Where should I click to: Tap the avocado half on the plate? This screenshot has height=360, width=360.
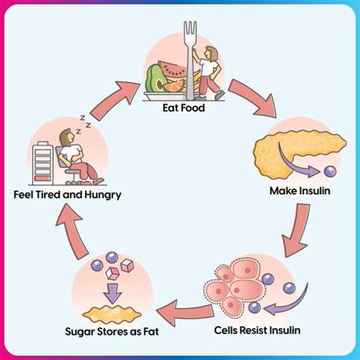point(154,77)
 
